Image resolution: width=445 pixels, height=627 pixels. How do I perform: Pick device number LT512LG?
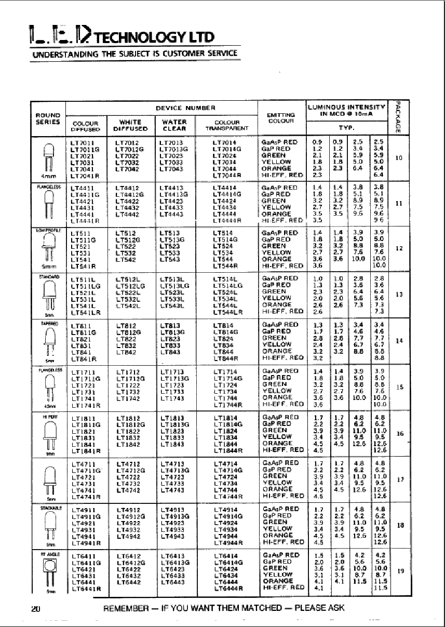pyautogui.click(x=130, y=285)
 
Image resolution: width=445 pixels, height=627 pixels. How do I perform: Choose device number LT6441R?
pyautogui.click(x=87, y=589)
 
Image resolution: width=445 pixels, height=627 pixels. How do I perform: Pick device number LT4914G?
pyautogui.click(x=228, y=516)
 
